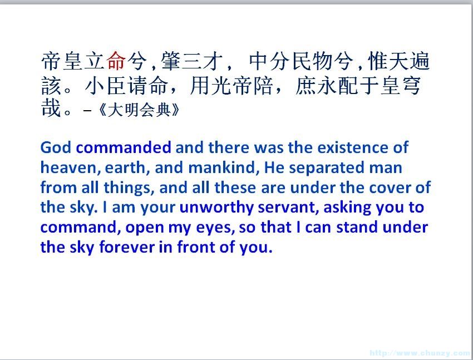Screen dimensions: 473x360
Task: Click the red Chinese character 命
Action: [x=116, y=61]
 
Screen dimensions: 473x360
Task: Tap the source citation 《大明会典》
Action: [x=139, y=110]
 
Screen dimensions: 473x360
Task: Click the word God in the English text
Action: [x=56, y=147]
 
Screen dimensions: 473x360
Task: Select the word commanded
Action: [x=124, y=147]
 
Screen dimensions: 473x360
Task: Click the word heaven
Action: [x=70, y=167]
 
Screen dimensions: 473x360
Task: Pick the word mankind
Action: [x=224, y=167]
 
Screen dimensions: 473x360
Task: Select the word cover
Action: [x=390, y=188]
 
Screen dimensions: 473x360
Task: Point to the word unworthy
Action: [x=216, y=208]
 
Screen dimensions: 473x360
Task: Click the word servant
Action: [x=289, y=208]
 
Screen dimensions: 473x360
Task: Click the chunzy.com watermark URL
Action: [x=421, y=353]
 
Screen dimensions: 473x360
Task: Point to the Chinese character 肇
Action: [x=170, y=61]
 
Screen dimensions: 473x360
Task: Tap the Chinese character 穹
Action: [x=411, y=86]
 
